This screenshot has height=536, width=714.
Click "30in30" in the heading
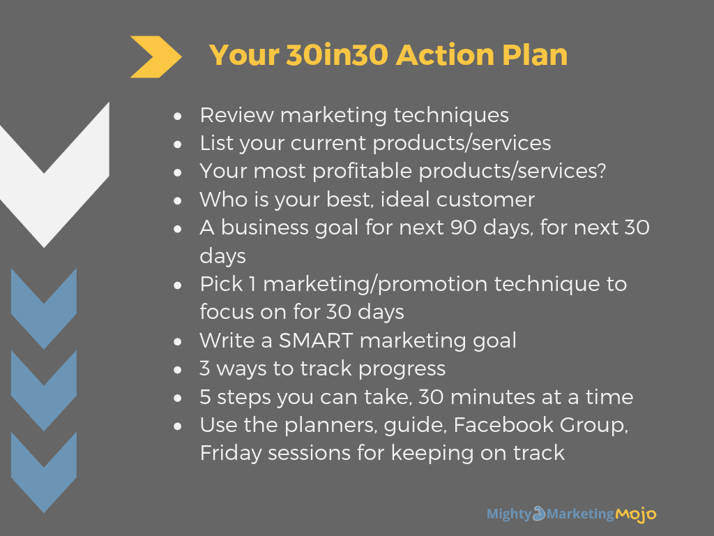click(x=337, y=54)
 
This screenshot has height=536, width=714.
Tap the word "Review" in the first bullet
click(x=237, y=115)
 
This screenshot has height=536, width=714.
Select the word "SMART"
click(x=316, y=341)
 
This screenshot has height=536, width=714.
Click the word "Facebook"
click(x=503, y=425)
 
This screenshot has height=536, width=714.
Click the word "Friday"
click(x=230, y=454)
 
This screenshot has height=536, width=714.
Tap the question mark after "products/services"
click(x=601, y=170)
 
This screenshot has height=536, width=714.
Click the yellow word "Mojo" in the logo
click(x=636, y=514)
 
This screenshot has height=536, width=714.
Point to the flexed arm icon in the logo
click(x=539, y=513)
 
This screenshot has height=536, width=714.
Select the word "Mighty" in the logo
click(x=509, y=514)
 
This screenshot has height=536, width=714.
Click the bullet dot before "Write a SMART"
click(x=178, y=341)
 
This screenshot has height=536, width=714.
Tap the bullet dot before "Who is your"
click(x=178, y=200)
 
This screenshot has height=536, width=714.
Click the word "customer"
click(x=485, y=200)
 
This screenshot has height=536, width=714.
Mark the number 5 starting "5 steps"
click(x=206, y=397)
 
